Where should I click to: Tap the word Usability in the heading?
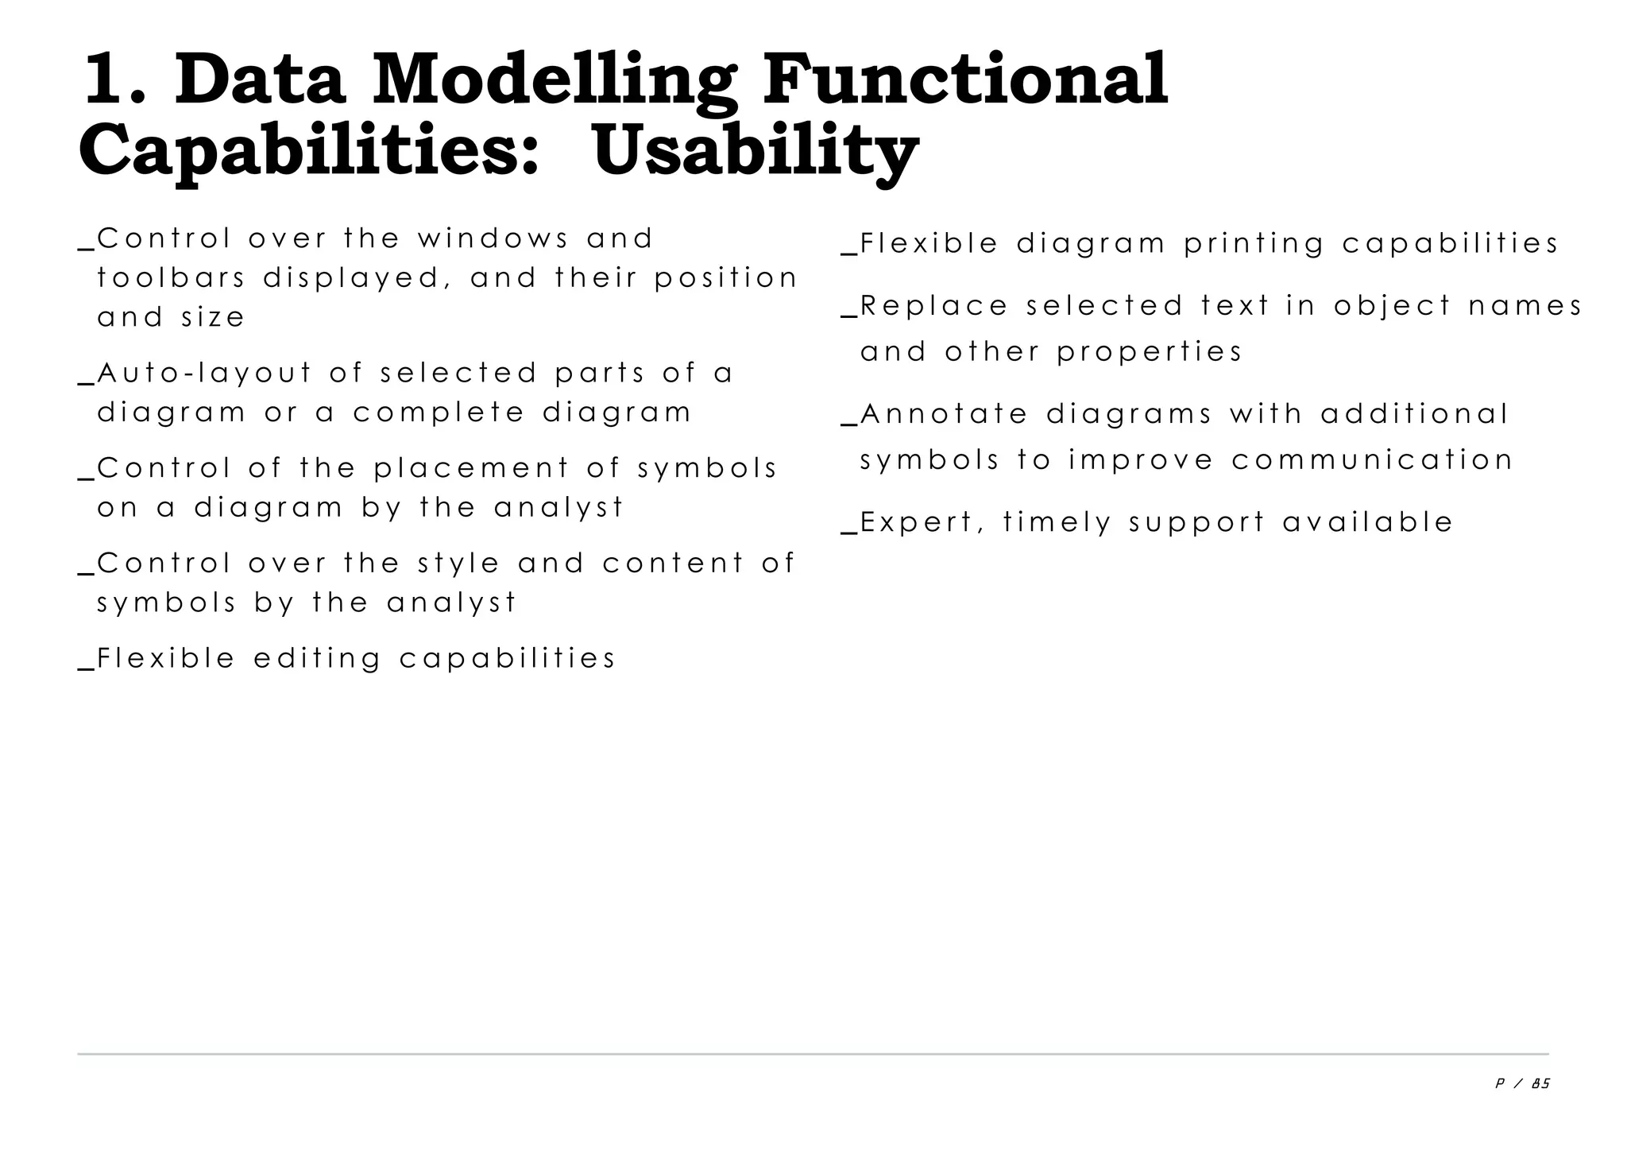click(x=756, y=151)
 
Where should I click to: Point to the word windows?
click(x=493, y=238)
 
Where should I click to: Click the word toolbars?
click(x=170, y=278)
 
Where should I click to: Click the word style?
click(x=458, y=564)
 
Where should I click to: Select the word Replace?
click(x=934, y=306)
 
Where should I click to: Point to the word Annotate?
click(x=944, y=414)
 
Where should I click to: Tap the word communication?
click(x=1373, y=460)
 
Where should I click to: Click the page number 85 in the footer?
click(x=1540, y=1083)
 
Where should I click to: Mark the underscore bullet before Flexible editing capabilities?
click(x=87, y=667)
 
